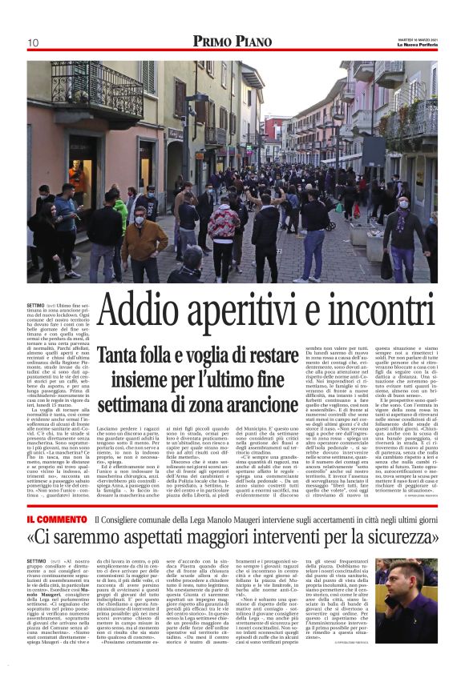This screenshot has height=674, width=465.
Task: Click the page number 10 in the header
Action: click(x=34, y=42)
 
